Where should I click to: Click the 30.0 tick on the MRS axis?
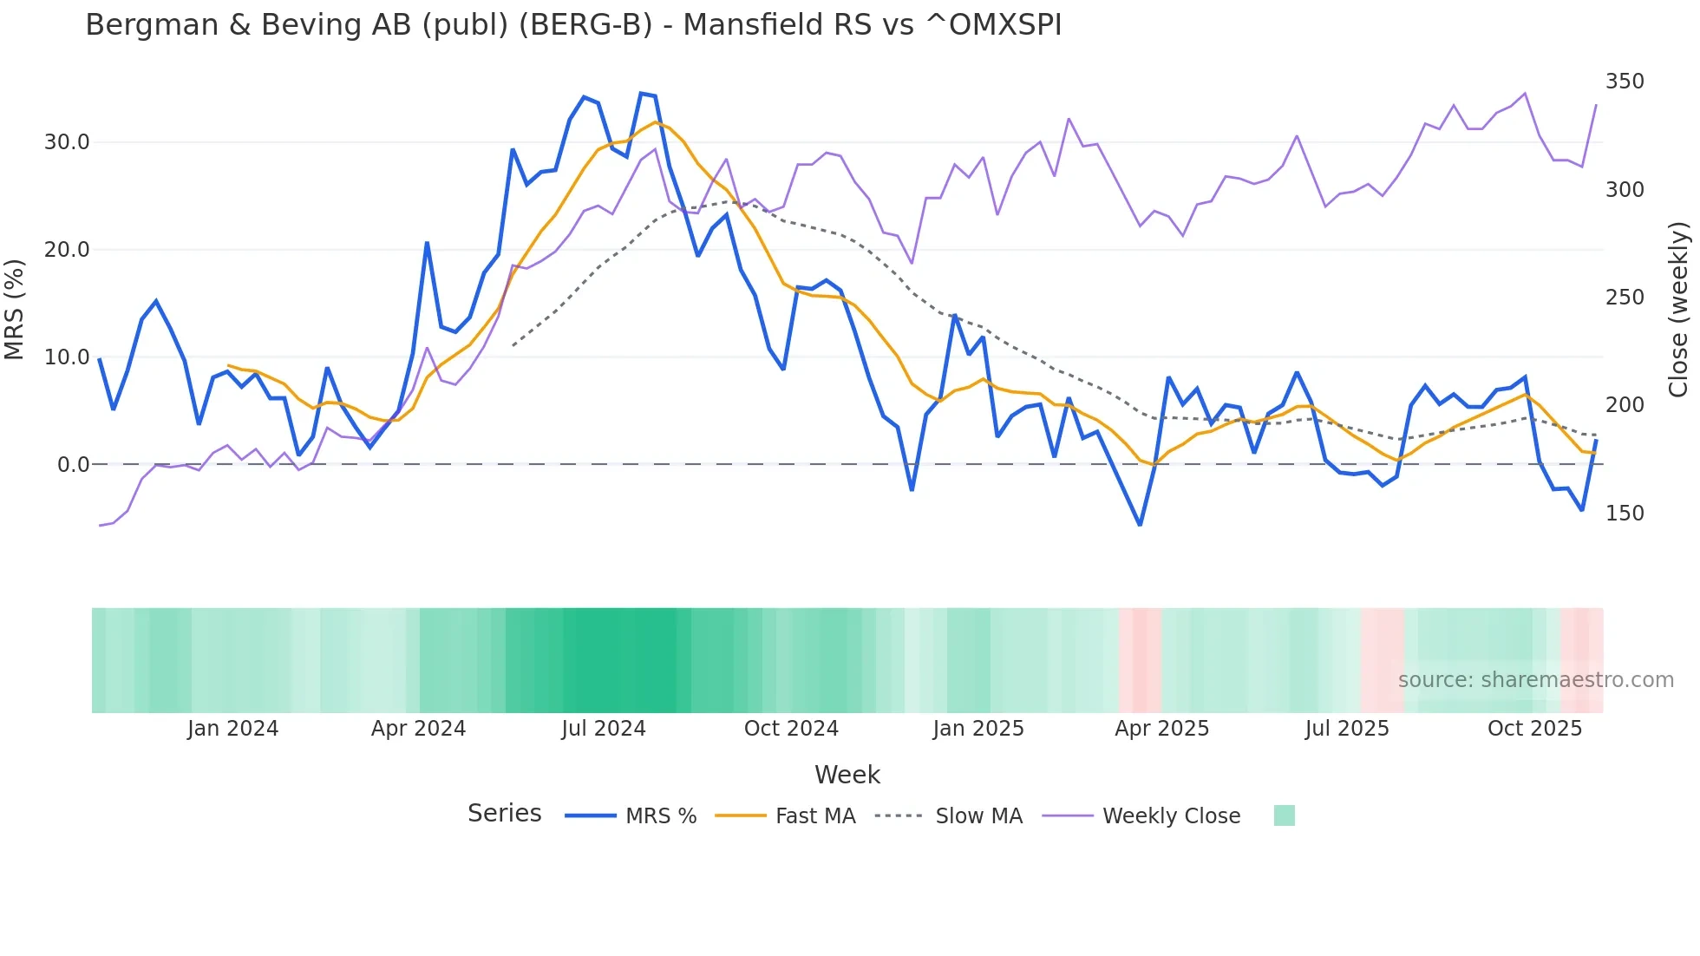pyautogui.click(x=67, y=142)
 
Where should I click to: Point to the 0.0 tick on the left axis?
pyautogui.click(x=73, y=465)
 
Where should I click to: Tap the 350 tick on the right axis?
pyautogui.click(x=1625, y=82)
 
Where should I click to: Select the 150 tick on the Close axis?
pyautogui.click(x=1625, y=514)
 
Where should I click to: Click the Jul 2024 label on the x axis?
pyautogui.click(x=604, y=729)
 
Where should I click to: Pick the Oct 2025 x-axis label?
pyautogui.click(x=1534, y=729)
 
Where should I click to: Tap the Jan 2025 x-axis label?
pyautogui.click(x=978, y=729)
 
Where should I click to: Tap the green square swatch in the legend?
pyautogui.click(x=1284, y=815)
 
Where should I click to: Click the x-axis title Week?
pyautogui.click(x=847, y=775)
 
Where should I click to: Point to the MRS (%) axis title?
pyautogui.click(x=15, y=309)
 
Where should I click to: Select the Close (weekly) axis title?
pyautogui.click(x=1678, y=309)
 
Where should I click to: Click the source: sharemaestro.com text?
pyautogui.click(x=1535, y=680)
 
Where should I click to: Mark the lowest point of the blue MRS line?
pyautogui.click(x=1140, y=525)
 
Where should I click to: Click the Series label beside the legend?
pyautogui.click(x=504, y=814)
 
